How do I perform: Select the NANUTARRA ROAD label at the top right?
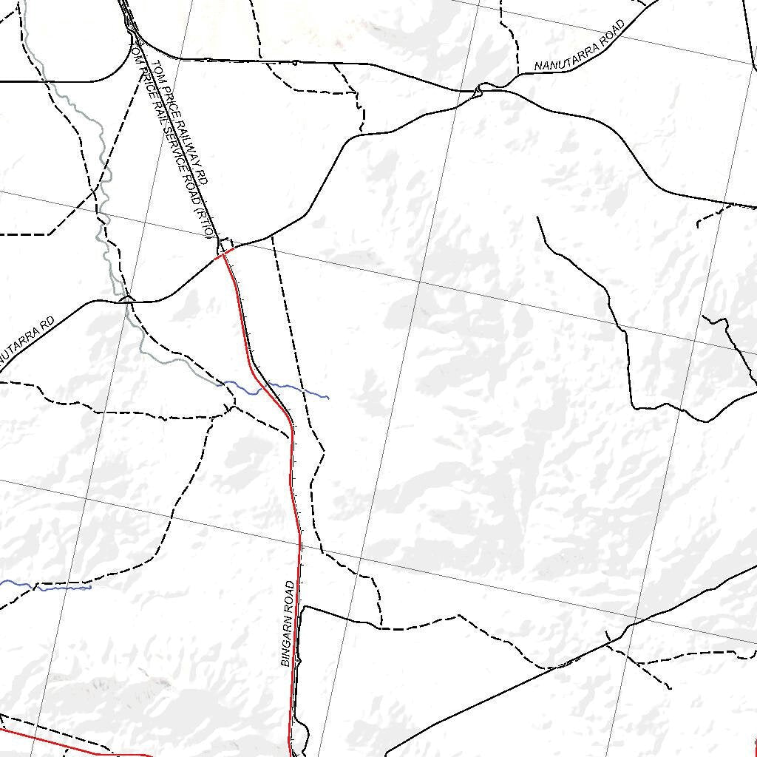pos(580,45)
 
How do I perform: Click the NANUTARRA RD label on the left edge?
pos(26,341)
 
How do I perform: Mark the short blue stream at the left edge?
pos(44,587)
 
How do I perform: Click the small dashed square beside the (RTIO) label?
pos(227,245)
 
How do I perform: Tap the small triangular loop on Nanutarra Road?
pos(478,90)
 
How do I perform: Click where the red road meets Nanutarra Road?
pos(224,254)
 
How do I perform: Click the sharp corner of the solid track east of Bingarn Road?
pos(305,607)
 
